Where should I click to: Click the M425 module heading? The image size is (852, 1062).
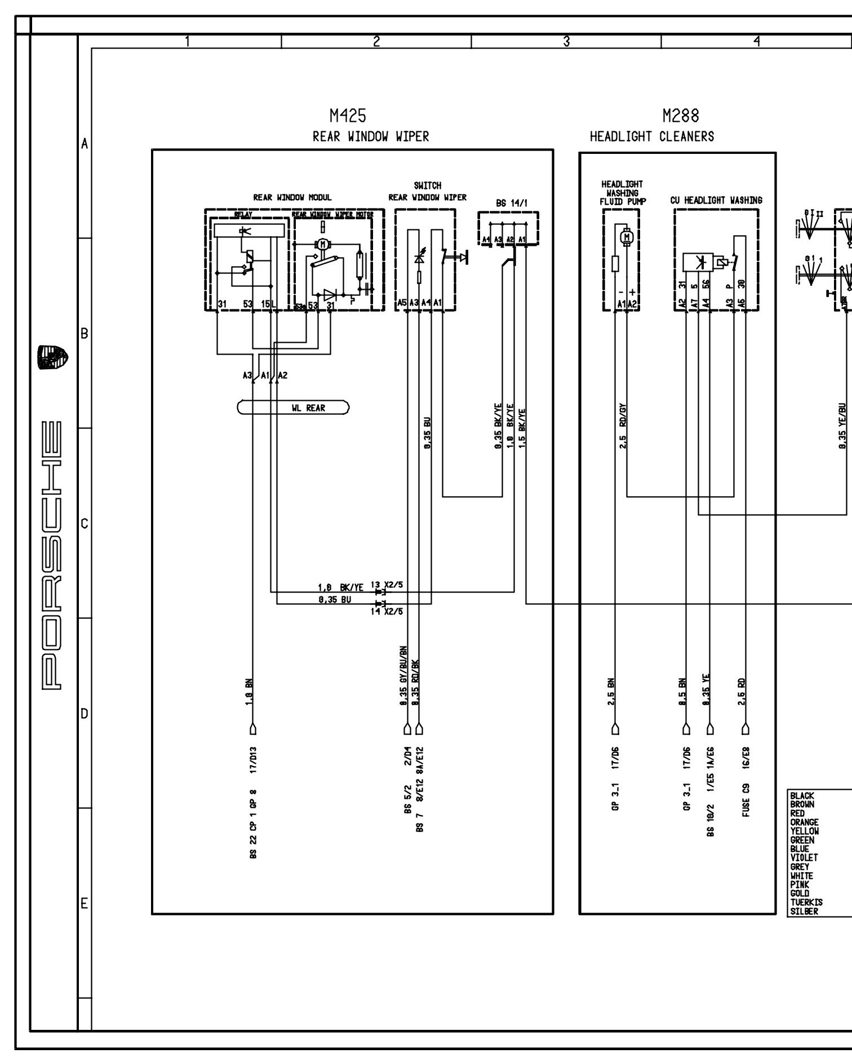point(348,116)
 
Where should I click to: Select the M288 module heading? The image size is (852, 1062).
point(681,116)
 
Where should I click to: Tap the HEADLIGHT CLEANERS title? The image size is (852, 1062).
point(652,136)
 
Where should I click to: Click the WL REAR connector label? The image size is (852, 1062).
point(308,408)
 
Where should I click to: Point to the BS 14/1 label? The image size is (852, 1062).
point(508,203)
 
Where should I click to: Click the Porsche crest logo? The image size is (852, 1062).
point(52,358)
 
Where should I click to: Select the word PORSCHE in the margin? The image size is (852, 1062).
point(52,556)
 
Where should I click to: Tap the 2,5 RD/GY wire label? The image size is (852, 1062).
point(623,426)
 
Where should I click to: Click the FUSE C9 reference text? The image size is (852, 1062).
point(746,800)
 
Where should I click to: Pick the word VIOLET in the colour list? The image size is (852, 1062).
point(804,857)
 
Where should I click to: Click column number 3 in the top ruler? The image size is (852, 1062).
point(566,41)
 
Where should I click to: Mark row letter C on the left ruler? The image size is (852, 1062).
point(85,524)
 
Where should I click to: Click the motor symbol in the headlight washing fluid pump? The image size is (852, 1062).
point(626,237)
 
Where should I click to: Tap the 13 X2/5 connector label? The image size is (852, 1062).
point(387,585)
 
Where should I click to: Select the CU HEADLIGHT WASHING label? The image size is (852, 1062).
point(716,200)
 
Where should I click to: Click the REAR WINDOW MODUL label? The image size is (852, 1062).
point(292,197)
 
